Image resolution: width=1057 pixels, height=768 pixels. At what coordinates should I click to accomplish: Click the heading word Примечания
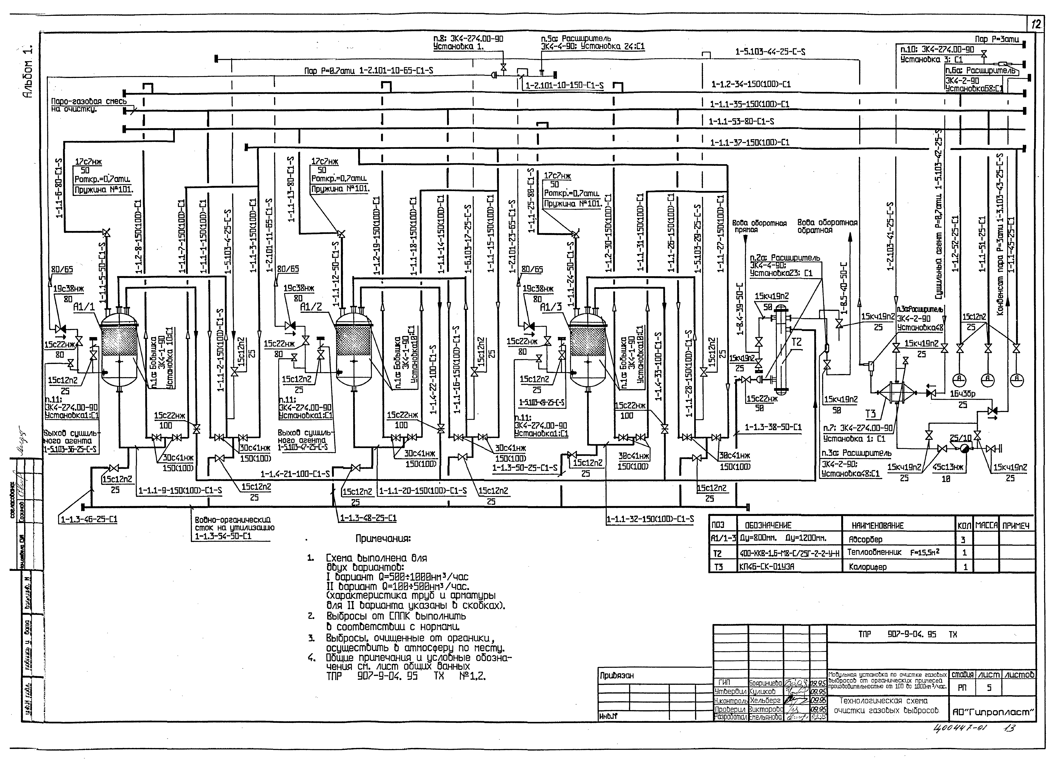point(383,539)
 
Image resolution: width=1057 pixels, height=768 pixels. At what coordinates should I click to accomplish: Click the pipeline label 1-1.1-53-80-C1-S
point(741,122)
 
